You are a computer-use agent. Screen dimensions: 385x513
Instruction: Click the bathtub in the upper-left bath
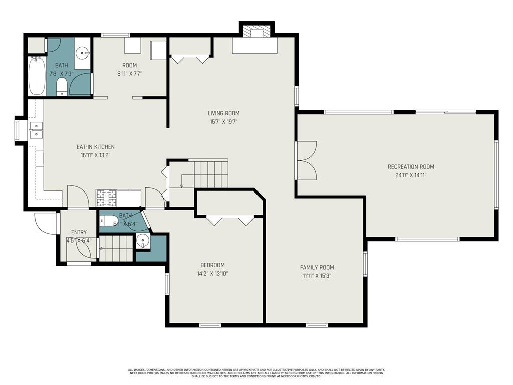(37, 76)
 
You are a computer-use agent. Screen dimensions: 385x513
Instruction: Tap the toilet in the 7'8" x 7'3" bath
(62, 86)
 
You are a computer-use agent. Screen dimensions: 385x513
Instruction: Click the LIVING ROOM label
(223, 113)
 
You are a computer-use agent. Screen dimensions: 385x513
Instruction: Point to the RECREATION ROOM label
(410, 167)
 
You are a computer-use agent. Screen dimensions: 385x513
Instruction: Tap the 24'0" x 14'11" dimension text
(410, 175)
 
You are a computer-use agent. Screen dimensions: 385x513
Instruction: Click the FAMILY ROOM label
(317, 267)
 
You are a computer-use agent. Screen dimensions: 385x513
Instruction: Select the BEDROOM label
(212, 265)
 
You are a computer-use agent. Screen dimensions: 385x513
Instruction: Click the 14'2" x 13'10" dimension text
(212, 274)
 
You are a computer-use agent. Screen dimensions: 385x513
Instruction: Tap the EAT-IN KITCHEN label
(95, 147)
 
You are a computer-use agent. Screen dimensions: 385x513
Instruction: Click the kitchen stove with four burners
(106, 198)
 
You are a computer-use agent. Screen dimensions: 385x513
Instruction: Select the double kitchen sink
(36, 129)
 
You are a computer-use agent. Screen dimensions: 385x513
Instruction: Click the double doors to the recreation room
(307, 160)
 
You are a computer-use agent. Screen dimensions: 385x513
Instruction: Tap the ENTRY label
(79, 232)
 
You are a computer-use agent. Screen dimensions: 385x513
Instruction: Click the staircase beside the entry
(116, 248)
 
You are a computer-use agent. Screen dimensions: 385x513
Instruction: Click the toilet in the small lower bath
(110, 221)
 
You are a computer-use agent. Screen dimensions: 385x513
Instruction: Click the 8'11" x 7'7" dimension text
(129, 73)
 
